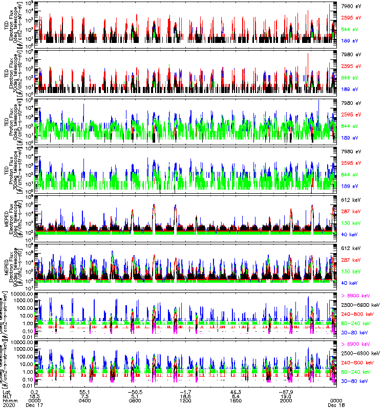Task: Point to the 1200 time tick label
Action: pos(185,400)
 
